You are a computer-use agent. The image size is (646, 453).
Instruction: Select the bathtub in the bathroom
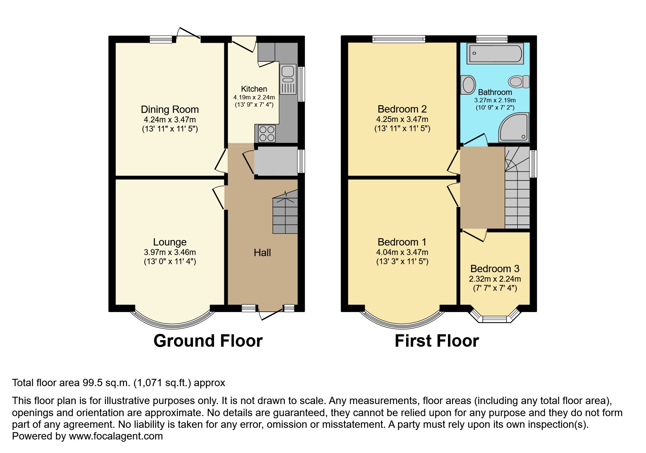click(495, 53)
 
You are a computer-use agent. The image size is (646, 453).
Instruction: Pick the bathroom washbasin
click(467, 84)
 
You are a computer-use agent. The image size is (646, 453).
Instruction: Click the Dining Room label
click(170, 109)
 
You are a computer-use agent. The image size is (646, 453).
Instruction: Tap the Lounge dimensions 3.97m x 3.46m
click(170, 252)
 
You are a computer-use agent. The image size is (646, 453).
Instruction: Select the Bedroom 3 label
click(495, 269)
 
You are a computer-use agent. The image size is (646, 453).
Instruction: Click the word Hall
click(262, 252)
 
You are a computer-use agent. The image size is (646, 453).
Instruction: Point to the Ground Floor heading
click(208, 340)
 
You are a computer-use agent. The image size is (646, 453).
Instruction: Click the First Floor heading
click(437, 340)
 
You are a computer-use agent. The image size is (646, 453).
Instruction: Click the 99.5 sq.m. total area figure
click(106, 383)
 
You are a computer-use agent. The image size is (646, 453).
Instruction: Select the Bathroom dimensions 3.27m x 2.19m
click(495, 100)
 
